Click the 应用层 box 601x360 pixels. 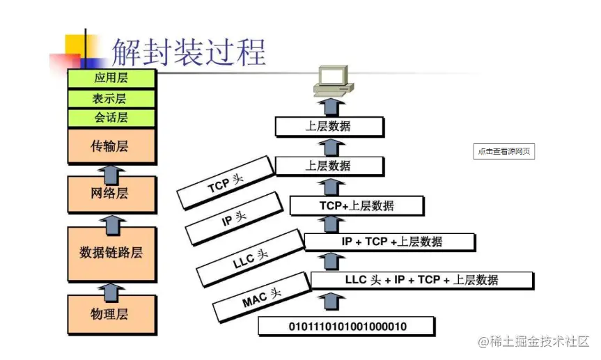111,79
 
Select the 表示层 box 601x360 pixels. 111,98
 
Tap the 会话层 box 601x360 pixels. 111,118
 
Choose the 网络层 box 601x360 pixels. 111,194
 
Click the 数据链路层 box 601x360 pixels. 111,252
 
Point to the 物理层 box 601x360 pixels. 111,313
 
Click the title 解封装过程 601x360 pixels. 189,52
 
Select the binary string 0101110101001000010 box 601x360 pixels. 347,326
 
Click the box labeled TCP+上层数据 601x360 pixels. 357,205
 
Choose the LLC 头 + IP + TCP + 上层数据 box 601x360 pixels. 422,280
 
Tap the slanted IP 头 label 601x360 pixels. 235,219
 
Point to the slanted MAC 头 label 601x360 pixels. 262,298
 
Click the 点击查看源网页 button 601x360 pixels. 504,151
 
